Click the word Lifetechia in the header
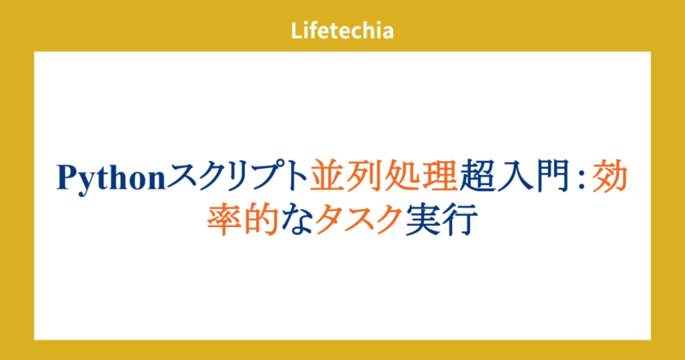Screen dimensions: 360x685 coord(342,31)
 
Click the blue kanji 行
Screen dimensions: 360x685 coord(461,220)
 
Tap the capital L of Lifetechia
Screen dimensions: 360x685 coord(295,31)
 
